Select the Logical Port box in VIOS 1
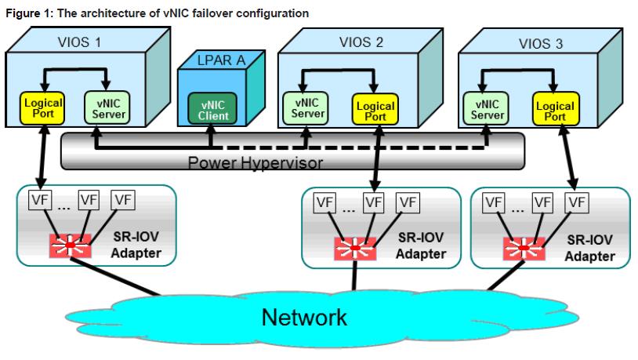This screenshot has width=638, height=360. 38,109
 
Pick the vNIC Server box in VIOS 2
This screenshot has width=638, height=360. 308,109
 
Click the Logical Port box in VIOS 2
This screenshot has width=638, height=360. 375,109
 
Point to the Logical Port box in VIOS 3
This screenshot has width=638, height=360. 555,110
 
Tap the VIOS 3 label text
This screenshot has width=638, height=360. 541,44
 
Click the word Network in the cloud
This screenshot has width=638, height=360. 304,317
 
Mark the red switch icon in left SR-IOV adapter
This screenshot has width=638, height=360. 70,246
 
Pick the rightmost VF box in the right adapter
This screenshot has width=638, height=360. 577,202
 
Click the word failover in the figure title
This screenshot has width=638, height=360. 192,13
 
